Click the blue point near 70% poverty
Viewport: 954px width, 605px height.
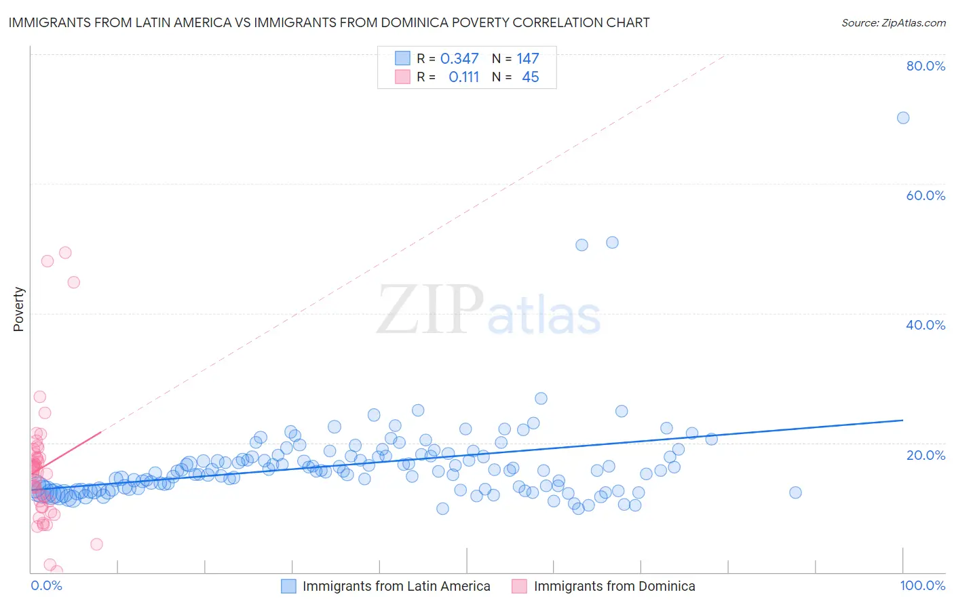click(902, 118)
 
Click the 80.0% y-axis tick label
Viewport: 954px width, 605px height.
click(926, 66)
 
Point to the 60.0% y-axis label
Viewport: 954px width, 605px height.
click(926, 195)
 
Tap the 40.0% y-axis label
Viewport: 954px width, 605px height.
click(926, 325)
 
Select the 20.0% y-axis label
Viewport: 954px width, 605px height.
click(926, 454)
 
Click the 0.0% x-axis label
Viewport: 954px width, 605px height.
click(46, 585)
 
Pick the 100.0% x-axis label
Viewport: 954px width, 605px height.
click(922, 585)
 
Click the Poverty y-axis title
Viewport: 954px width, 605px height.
click(18, 309)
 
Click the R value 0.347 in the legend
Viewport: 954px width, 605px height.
click(459, 59)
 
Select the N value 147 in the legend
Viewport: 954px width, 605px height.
click(527, 59)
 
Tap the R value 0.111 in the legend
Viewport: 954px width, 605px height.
click(463, 77)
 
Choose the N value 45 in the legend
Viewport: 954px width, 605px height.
click(530, 77)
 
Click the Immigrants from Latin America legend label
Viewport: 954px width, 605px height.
click(396, 586)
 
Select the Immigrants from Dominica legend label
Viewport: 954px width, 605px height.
click(614, 586)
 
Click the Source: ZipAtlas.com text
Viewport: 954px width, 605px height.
click(893, 23)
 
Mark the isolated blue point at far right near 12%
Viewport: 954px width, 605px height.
click(795, 492)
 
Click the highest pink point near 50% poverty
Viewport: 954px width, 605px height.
click(65, 252)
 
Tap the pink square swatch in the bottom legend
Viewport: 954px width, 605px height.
click(519, 586)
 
